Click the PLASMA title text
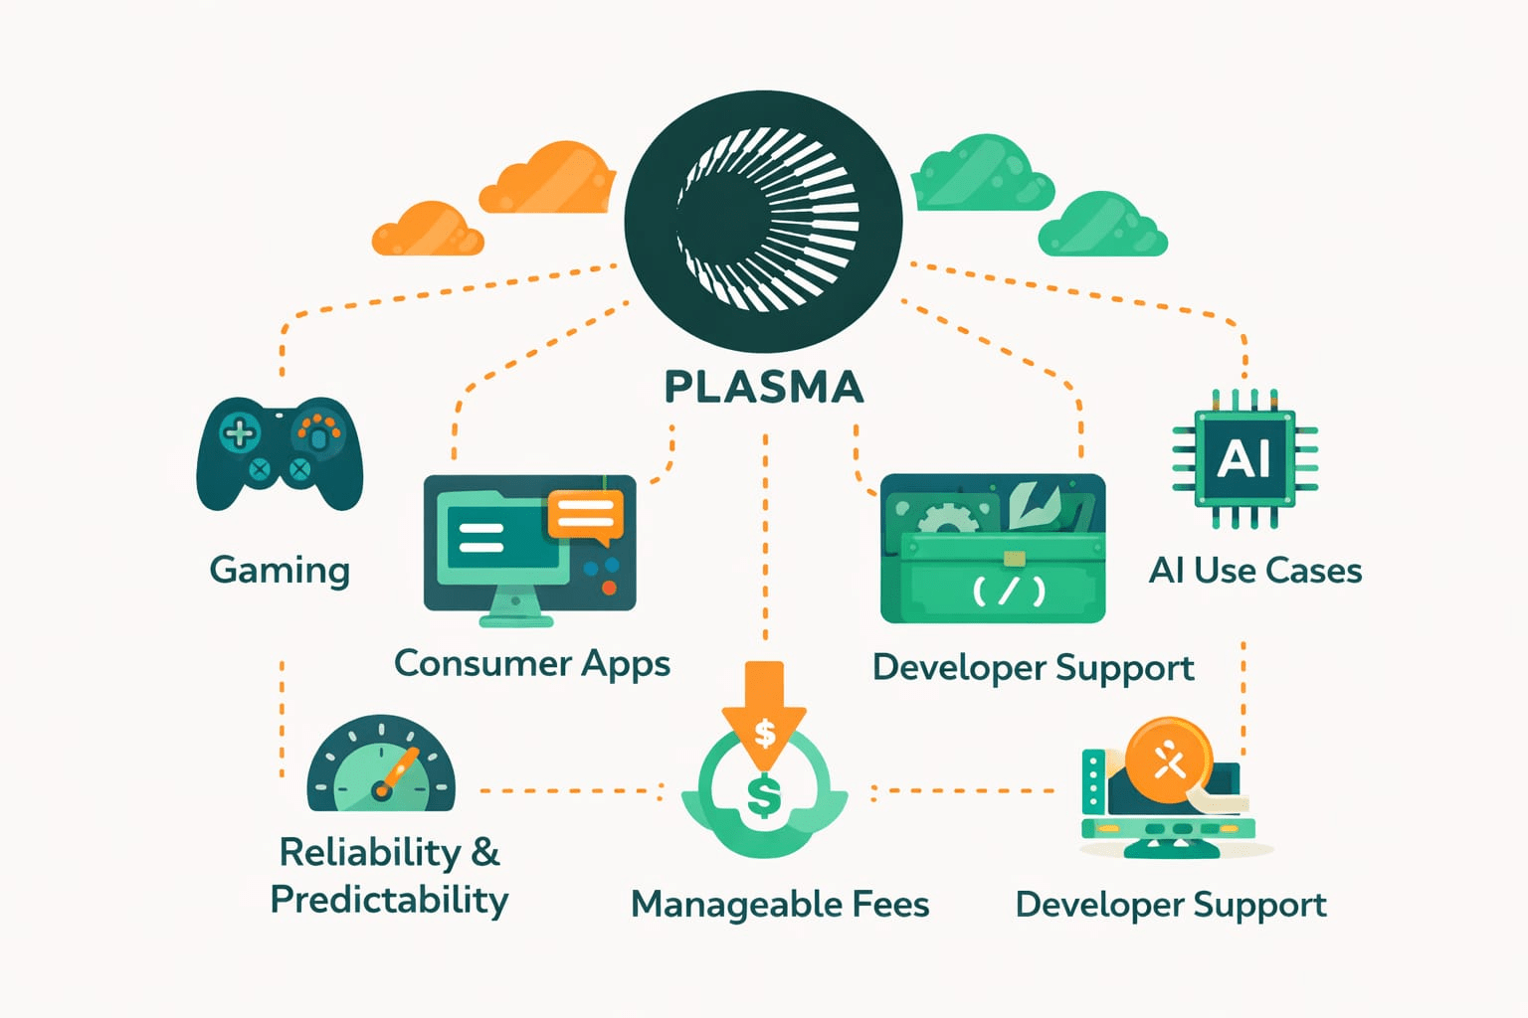764,388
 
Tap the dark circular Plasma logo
763,222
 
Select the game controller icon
280,453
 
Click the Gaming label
280,570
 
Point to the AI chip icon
1244,458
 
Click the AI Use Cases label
1255,570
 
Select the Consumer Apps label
532,663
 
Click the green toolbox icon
993,548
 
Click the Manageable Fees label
780,904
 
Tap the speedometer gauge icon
381,763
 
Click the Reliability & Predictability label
390,876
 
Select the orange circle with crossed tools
1169,761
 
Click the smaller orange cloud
428,229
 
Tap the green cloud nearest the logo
982,173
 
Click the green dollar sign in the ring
764,795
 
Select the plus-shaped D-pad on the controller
240,433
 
